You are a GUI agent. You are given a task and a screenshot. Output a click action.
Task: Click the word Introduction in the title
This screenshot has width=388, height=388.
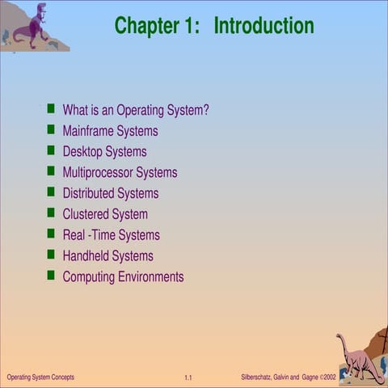coord(264,26)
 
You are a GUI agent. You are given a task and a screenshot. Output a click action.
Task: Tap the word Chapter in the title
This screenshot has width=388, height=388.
coord(149,26)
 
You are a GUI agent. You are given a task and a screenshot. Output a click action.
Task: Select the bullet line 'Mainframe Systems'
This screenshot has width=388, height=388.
coord(110,131)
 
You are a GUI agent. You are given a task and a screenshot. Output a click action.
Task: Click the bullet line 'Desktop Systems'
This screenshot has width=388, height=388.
coord(104,152)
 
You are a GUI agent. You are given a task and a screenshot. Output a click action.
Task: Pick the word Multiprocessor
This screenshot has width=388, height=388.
coord(98,173)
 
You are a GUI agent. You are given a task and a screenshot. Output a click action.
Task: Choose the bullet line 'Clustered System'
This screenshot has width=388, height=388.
coord(105,214)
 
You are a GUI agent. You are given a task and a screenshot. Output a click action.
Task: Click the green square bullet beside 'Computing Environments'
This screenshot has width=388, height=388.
coord(51,276)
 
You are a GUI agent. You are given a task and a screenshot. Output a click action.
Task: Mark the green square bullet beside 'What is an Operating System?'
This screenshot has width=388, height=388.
coord(51,108)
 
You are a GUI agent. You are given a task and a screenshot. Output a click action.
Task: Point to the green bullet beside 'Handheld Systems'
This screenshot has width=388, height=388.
coord(51,255)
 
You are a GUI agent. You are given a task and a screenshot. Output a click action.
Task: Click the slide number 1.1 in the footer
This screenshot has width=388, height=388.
coord(188,378)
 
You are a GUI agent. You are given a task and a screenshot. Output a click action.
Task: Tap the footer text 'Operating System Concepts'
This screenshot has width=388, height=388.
coord(40,377)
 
